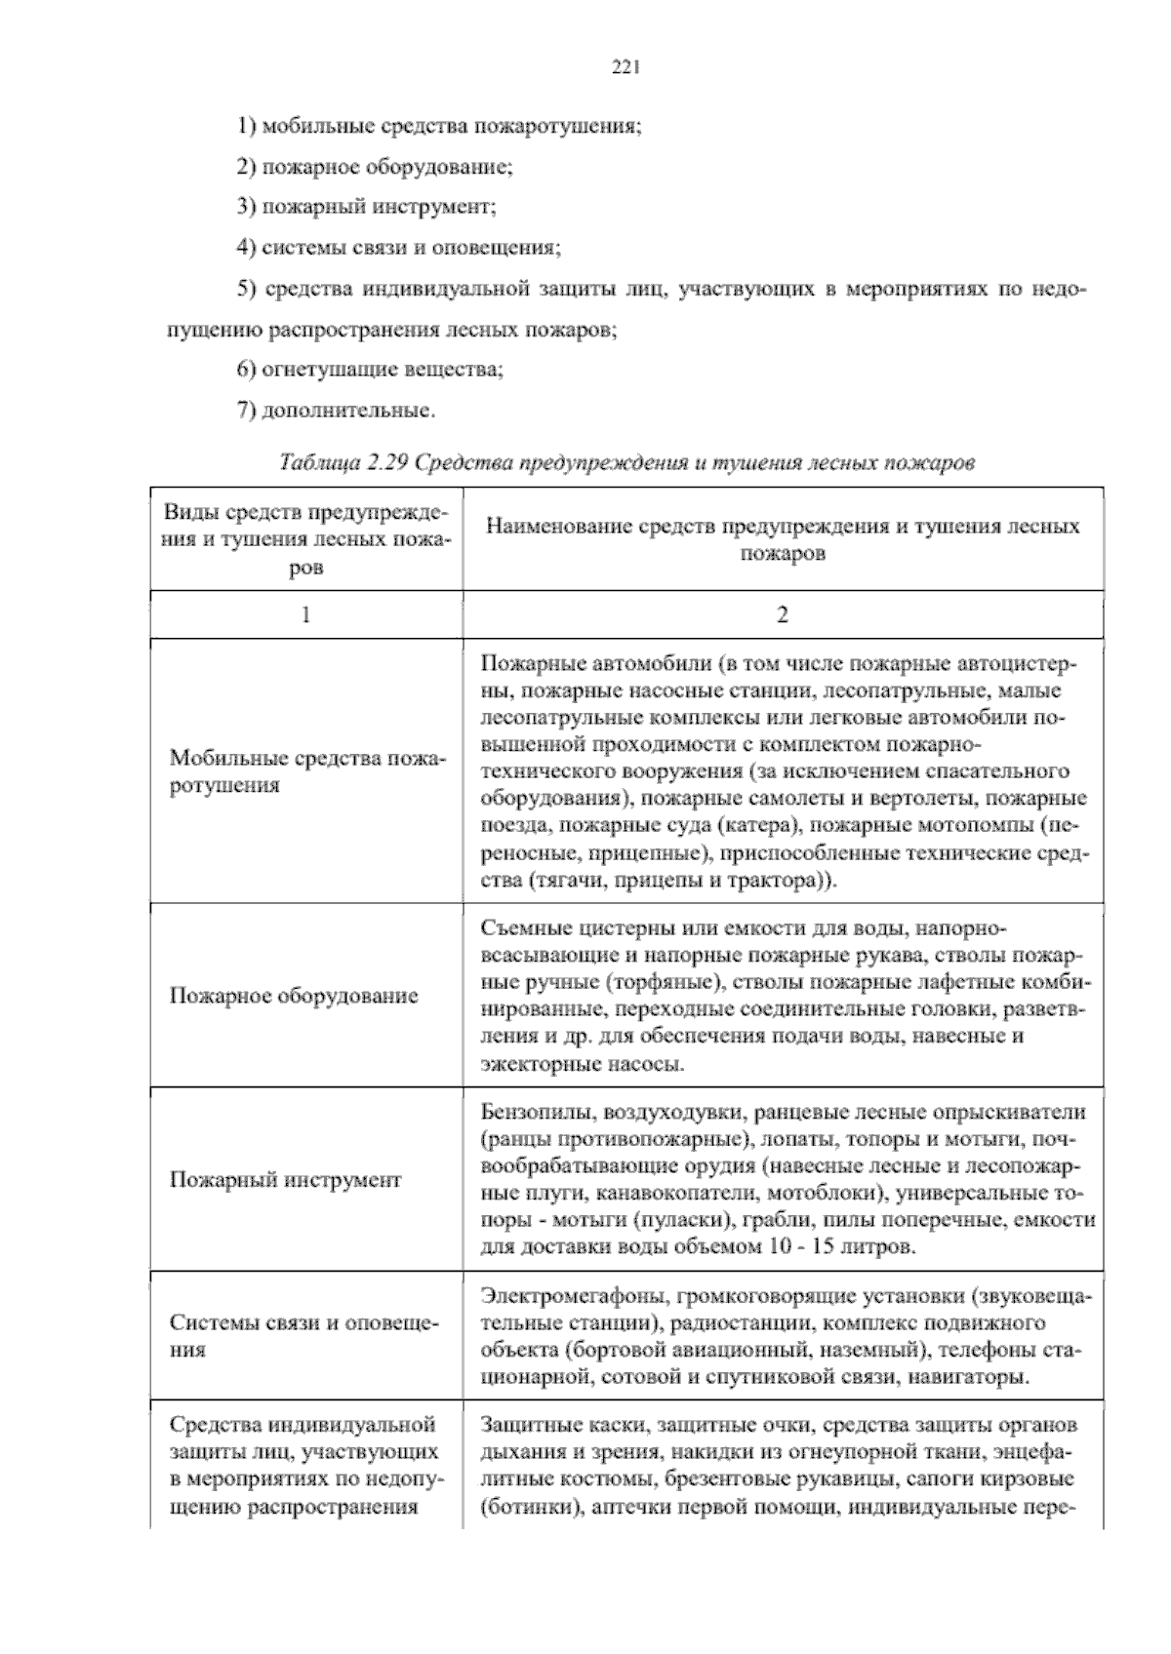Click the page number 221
(625, 67)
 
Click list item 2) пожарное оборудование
(376, 167)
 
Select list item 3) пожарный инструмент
(367, 207)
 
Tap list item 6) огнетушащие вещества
(371, 370)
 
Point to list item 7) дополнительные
(337, 411)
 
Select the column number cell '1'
(306, 614)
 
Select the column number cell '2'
(782, 614)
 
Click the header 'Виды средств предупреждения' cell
(306, 539)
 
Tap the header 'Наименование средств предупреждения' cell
(782, 539)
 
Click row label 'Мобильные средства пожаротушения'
(306, 771)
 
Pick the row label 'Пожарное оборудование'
(294, 996)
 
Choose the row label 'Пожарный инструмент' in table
(286, 1180)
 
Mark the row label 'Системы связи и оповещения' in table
(304, 1337)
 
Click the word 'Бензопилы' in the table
(537, 1112)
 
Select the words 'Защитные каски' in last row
(558, 1425)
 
